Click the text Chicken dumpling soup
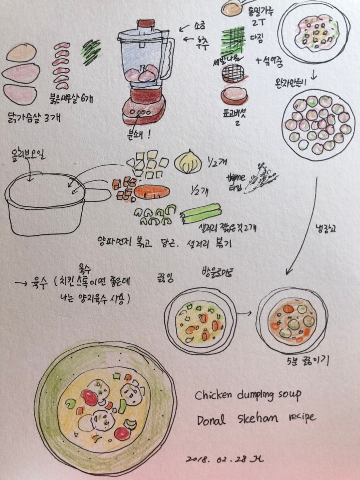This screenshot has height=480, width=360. (248, 395)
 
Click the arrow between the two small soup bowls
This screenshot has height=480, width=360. (245, 313)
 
